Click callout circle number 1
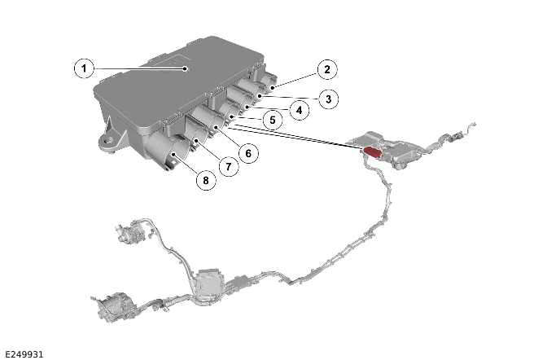(84, 68)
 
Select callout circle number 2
(327, 69)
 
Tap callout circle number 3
(328, 99)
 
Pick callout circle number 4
(299, 110)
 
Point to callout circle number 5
(273, 120)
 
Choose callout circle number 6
(248, 153)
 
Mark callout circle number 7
(229, 166)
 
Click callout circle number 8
(205, 180)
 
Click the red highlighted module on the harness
(373, 152)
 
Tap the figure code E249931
(24, 354)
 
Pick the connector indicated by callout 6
(209, 120)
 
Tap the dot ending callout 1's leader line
(186, 68)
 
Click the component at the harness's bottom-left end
(112, 307)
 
